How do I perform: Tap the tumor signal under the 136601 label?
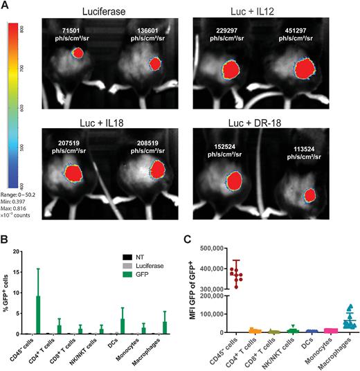coord(155,64)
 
